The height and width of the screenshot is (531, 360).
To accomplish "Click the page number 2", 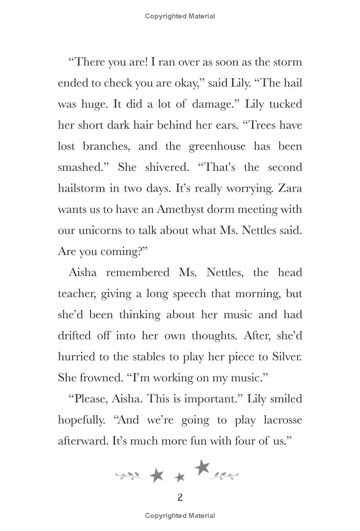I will coord(180,497).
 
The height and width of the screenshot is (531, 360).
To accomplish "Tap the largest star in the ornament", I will coord(202,468).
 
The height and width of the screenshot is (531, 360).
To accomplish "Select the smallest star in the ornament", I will coord(180,477).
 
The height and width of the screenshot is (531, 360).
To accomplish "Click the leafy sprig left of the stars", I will coord(129,475).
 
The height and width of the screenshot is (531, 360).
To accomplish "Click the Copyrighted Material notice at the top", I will coord(180,16).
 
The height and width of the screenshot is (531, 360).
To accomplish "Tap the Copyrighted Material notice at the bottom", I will coord(180,516).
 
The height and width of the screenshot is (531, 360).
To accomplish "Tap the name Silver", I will coord(285,357).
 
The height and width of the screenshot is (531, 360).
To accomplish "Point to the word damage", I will coord(213,104).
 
